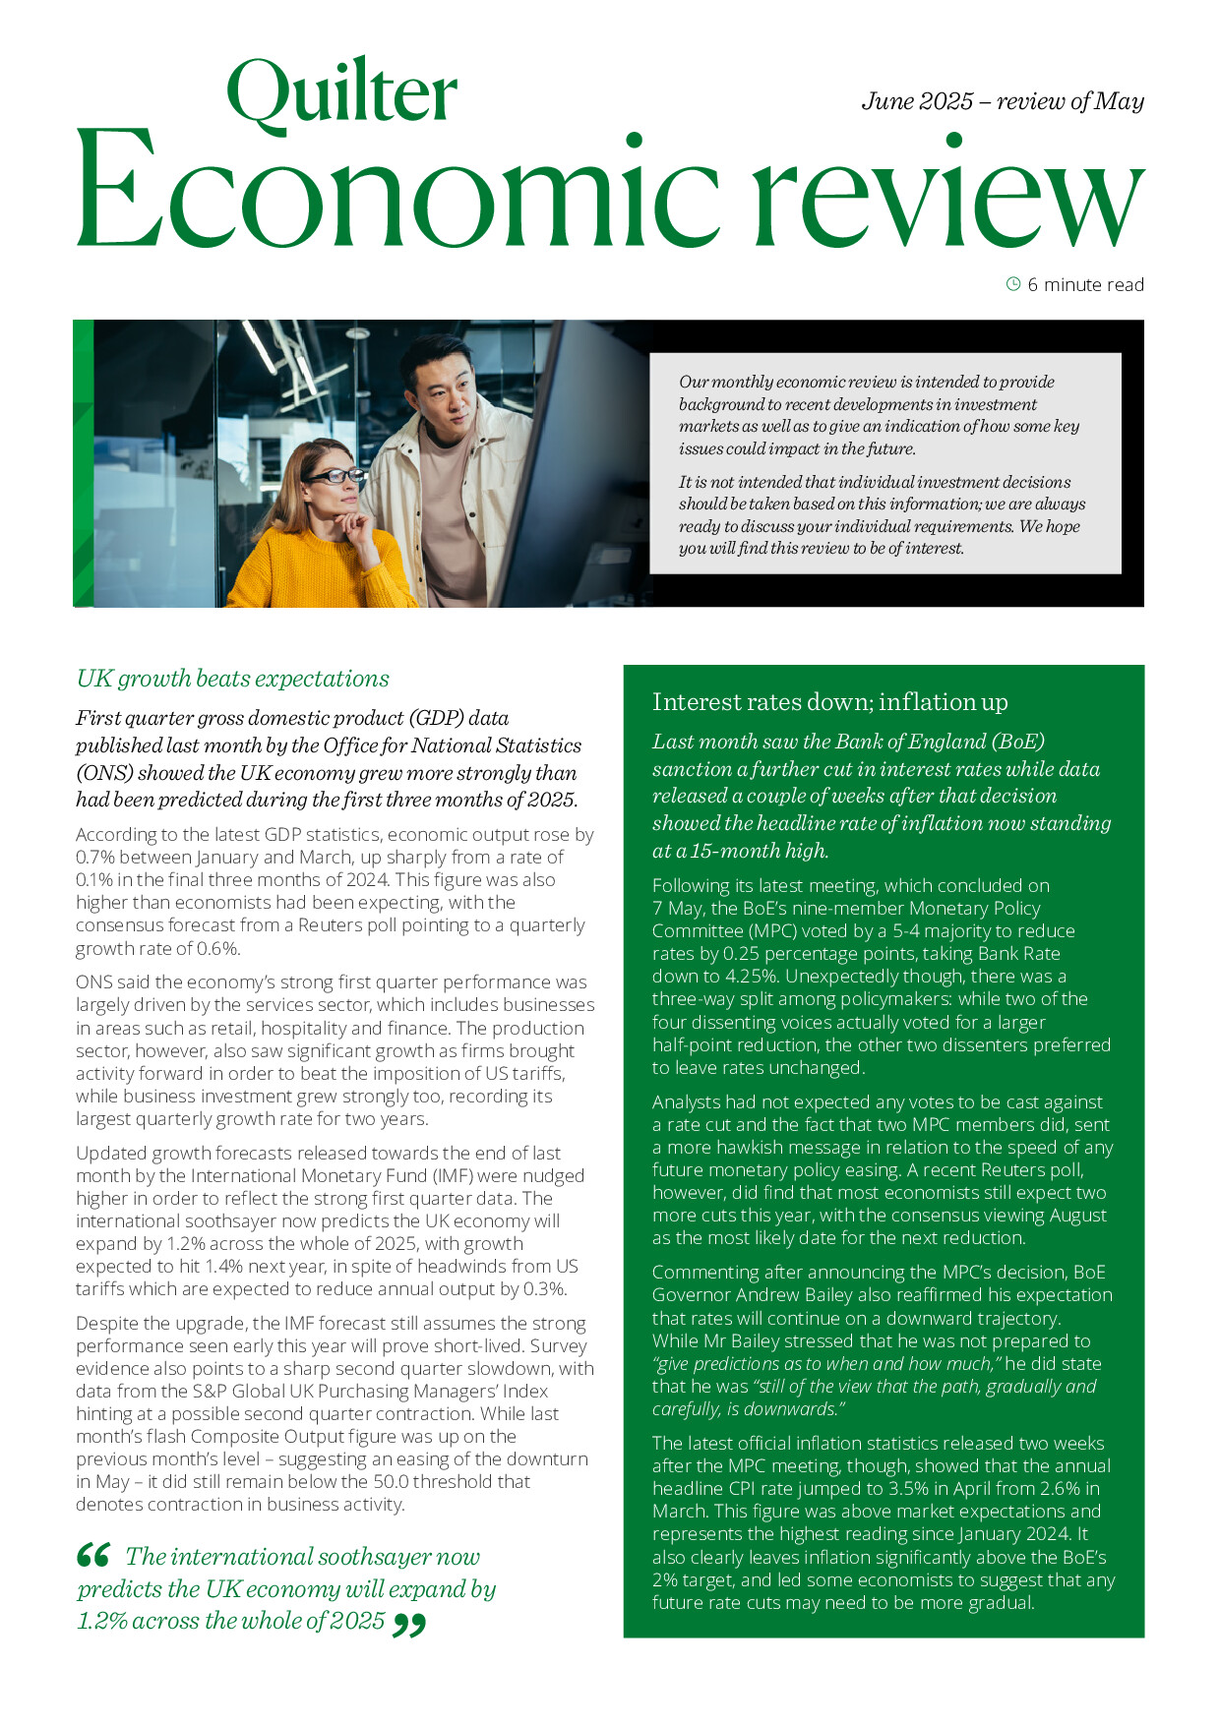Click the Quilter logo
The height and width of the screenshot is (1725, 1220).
pyautogui.click(x=341, y=93)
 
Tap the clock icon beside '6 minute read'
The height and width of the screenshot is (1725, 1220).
pyautogui.click(x=1012, y=284)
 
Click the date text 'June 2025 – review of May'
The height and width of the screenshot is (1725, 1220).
pyautogui.click(x=1002, y=101)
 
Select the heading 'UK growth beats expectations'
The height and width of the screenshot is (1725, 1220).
pyautogui.click(x=232, y=679)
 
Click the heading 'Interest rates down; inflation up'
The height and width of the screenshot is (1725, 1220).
pyautogui.click(x=829, y=701)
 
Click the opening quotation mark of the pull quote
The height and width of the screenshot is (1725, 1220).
pyautogui.click(x=93, y=1555)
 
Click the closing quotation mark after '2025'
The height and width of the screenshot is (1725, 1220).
pyautogui.click(x=409, y=1625)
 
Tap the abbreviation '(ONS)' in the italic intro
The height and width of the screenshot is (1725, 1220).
pyautogui.click(x=102, y=773)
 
